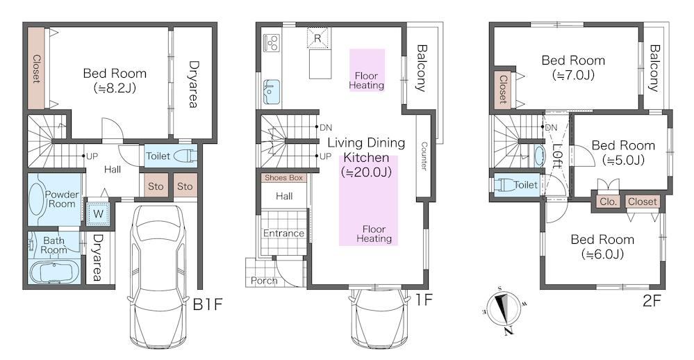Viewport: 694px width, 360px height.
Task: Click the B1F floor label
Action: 207,304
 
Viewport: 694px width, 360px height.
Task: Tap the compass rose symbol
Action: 503,309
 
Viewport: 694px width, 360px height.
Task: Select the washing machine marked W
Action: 98,214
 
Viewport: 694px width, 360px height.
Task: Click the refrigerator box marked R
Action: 317,38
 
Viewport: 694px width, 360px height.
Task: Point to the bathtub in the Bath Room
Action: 54,271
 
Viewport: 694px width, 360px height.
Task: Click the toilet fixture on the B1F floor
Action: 183,156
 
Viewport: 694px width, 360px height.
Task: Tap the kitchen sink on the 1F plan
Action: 272,92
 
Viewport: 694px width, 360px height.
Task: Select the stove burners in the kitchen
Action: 271,42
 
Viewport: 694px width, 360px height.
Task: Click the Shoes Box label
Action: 283,177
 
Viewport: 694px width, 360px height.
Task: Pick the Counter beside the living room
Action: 423,156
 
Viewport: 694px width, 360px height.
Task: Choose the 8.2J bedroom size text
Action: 115,88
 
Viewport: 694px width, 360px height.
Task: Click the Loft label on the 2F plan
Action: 556,156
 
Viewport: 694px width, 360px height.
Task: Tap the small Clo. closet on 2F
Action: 608,202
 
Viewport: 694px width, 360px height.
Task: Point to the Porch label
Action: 264,281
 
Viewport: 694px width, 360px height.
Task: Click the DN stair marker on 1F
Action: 325,127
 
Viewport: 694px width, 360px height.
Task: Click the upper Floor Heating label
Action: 367,81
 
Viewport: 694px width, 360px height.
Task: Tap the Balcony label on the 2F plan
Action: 654,67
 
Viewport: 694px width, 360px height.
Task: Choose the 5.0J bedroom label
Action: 623,152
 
